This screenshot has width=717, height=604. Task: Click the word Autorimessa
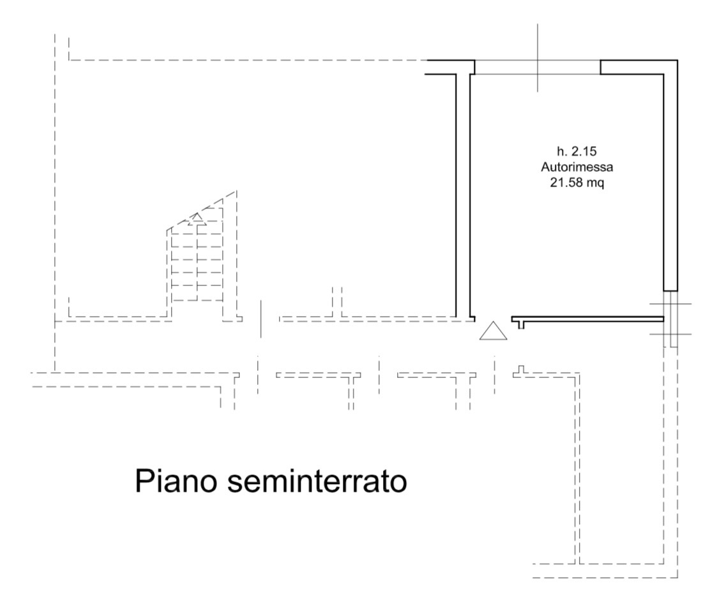coord(577,167)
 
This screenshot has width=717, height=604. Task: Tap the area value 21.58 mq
coord(577,183)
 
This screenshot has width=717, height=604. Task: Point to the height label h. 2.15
coord(577,151)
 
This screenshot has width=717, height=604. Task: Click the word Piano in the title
coord(175,481)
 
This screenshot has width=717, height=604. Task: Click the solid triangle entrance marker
coord(493,331)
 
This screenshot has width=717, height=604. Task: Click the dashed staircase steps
coord(197,265)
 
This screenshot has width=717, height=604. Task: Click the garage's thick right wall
coord(671,176)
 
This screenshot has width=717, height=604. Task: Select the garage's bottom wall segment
coord(587,319)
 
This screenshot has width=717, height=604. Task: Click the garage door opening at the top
coord(538,67)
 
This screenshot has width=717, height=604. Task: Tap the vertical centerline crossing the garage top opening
coord(538,57)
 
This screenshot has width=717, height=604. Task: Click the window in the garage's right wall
coord(670,319)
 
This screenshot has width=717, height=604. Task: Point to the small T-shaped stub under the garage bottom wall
coord(521,324)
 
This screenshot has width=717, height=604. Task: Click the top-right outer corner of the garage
coord(677,60)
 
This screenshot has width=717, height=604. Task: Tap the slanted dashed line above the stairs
coord(202,210)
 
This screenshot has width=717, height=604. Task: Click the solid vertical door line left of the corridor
coord(260,319)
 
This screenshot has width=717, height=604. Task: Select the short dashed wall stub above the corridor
coord(337,302)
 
